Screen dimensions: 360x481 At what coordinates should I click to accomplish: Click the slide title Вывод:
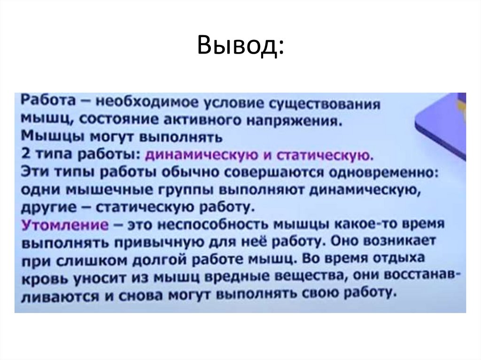(240, 46)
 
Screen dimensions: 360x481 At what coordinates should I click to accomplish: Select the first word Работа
(39, 101)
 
